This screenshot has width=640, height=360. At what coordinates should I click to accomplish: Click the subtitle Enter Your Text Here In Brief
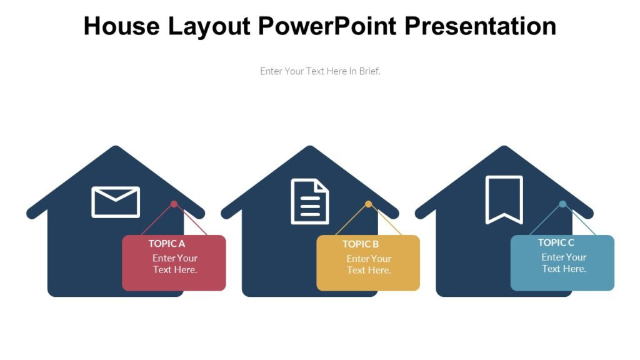(320, 71)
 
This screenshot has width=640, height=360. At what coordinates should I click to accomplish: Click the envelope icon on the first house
(116, 202)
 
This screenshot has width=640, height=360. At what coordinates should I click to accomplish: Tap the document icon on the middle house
(310, 201)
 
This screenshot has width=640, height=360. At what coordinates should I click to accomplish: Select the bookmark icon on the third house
(504, 199)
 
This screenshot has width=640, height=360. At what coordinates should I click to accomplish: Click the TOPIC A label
(167, 244)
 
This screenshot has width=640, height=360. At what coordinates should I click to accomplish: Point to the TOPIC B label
(361, 244)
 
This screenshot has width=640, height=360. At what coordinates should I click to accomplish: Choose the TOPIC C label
(556, 242)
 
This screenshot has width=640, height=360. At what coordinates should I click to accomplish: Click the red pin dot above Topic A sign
(174, 204)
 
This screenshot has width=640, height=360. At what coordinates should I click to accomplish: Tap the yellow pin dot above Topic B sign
(368, 204)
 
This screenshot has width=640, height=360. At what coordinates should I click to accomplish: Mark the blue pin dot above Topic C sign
(562, 204)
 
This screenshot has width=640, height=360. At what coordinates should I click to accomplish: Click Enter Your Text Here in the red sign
(175, 264)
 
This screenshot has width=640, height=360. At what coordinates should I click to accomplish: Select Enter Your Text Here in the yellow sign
(369, 264)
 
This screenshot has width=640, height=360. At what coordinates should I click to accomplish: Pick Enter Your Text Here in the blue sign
(564, 263)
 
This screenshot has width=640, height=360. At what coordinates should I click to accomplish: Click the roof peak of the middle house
(310, 150)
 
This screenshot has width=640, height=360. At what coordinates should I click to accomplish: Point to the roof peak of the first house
(116, 150)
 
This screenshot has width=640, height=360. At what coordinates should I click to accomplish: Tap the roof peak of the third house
(504, 150)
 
